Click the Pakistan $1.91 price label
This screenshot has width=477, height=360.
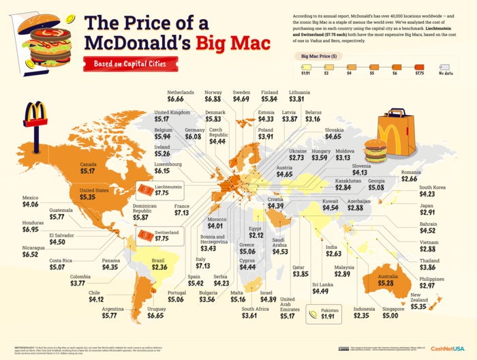(326, 314)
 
